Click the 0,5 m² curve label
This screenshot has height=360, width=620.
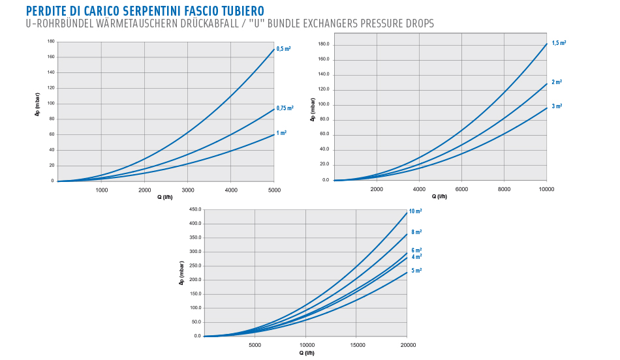tap(283, 49)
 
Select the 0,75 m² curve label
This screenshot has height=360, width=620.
tap(285, 108)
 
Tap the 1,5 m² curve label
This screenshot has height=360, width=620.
tap(559, 43)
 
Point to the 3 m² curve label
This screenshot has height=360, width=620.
tap(557, 106)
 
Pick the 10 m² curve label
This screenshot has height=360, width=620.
tap(415, 212)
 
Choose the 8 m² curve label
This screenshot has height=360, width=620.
tap(416, 232)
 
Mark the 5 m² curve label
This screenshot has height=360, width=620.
tap(416, 270)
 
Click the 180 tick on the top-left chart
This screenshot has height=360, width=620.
tap(50, 41)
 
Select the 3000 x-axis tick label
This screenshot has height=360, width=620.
tap(188, 190)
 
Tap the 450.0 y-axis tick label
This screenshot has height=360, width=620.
tap(194, 210)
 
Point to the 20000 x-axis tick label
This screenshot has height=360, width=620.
tap(407, 345)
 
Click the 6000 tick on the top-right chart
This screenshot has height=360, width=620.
tap(461, 189)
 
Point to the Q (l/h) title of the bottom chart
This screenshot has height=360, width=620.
tap(307, 353)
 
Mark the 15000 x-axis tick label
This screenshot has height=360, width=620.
tap(356, 345)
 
